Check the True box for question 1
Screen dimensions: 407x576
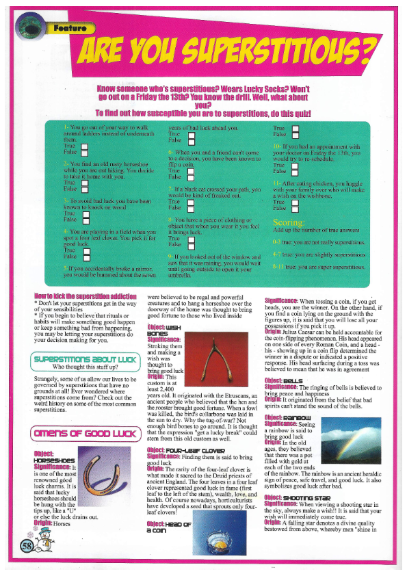click(x=85, y=147)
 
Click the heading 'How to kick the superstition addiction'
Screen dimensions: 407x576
click(x=75, y=295)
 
